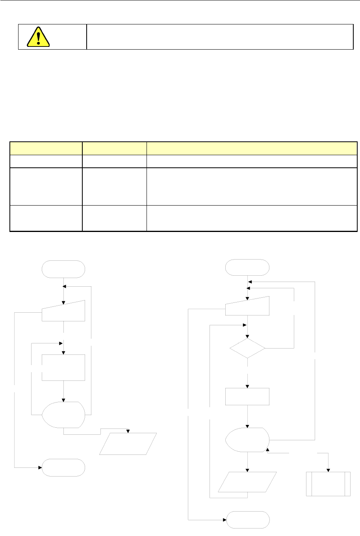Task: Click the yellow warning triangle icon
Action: tap(38, 37)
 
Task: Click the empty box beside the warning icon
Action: tap(219, 37)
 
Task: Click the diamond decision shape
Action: tap(247, 348)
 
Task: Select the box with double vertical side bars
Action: tap(328, 484)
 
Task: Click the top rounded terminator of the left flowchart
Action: tap(63, 269)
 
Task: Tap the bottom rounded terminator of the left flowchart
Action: tap(63, 467)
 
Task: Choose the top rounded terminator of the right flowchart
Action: tap(247, 268)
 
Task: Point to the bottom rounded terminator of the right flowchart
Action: tap(247, 520)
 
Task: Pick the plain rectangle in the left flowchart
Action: tap(63, 367)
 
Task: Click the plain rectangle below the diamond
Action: tap(247, 397)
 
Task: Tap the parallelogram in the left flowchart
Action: tap(128, 444)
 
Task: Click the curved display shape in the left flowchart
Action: tap(63, 415)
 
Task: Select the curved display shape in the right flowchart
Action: tap(247, 440)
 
